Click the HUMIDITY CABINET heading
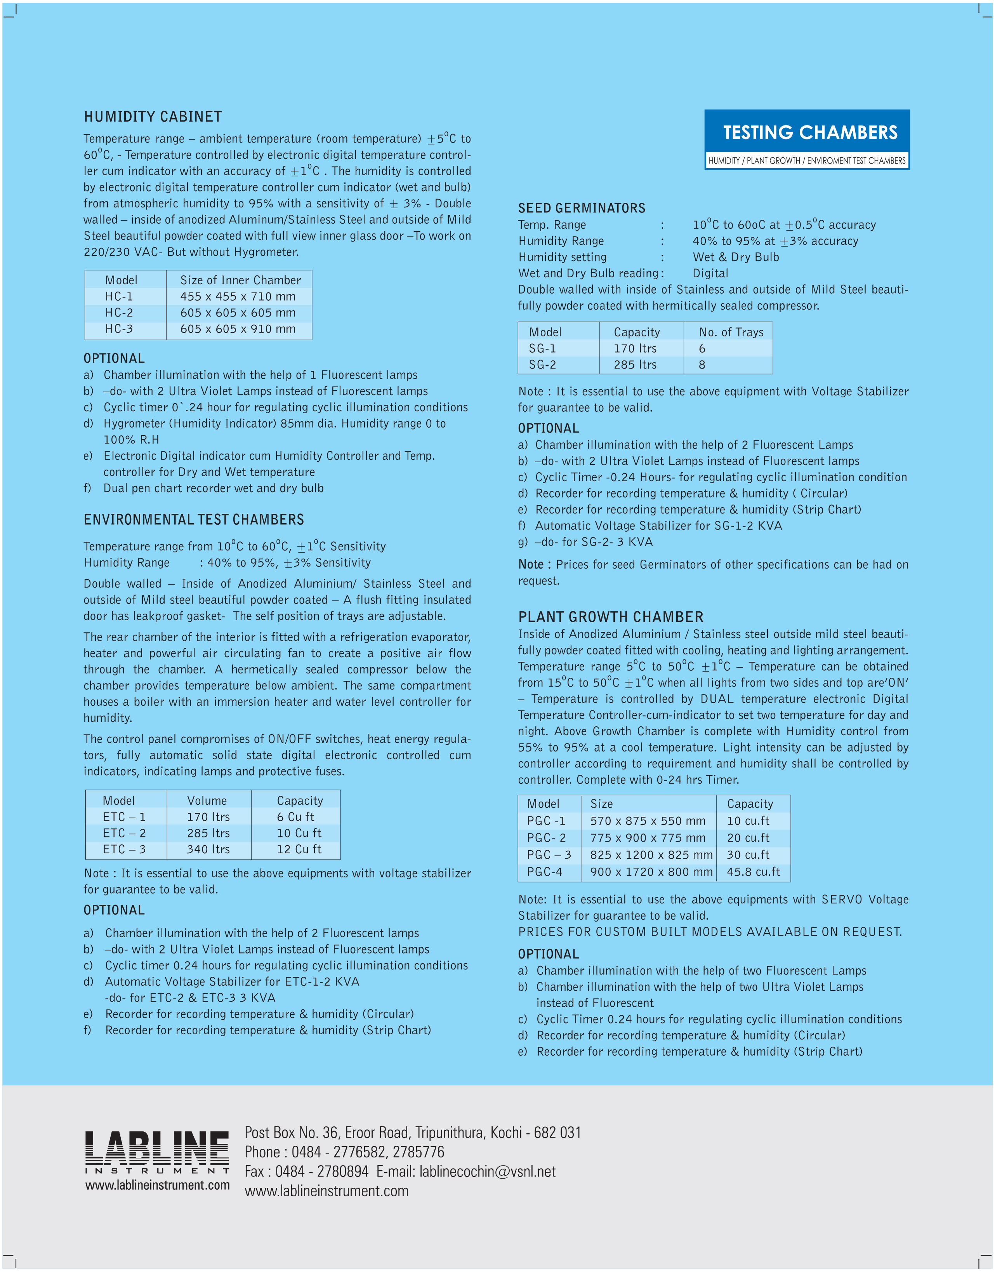(x=153, y=117)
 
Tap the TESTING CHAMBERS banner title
(x=810, y=133)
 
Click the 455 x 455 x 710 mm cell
(x=238, y=297)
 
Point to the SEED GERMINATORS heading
(x=582, y=208)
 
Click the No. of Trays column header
(x=731, y=332)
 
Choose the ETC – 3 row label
(x=124, y=849)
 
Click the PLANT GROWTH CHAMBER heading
(x=611, y=617)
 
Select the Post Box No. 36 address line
(x=412, y=1133)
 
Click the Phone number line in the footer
(x=344, y=1152)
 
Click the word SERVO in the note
(x=841, y=900)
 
